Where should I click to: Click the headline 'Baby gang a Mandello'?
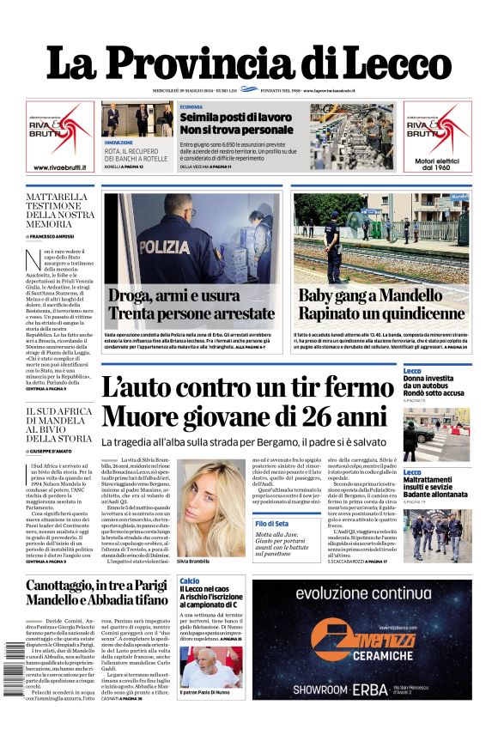[370, 295]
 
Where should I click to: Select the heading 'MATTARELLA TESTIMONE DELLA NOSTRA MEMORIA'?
[57, 210]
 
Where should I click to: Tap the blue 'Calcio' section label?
[190, 581]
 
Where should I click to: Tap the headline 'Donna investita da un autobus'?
[434, 383]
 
